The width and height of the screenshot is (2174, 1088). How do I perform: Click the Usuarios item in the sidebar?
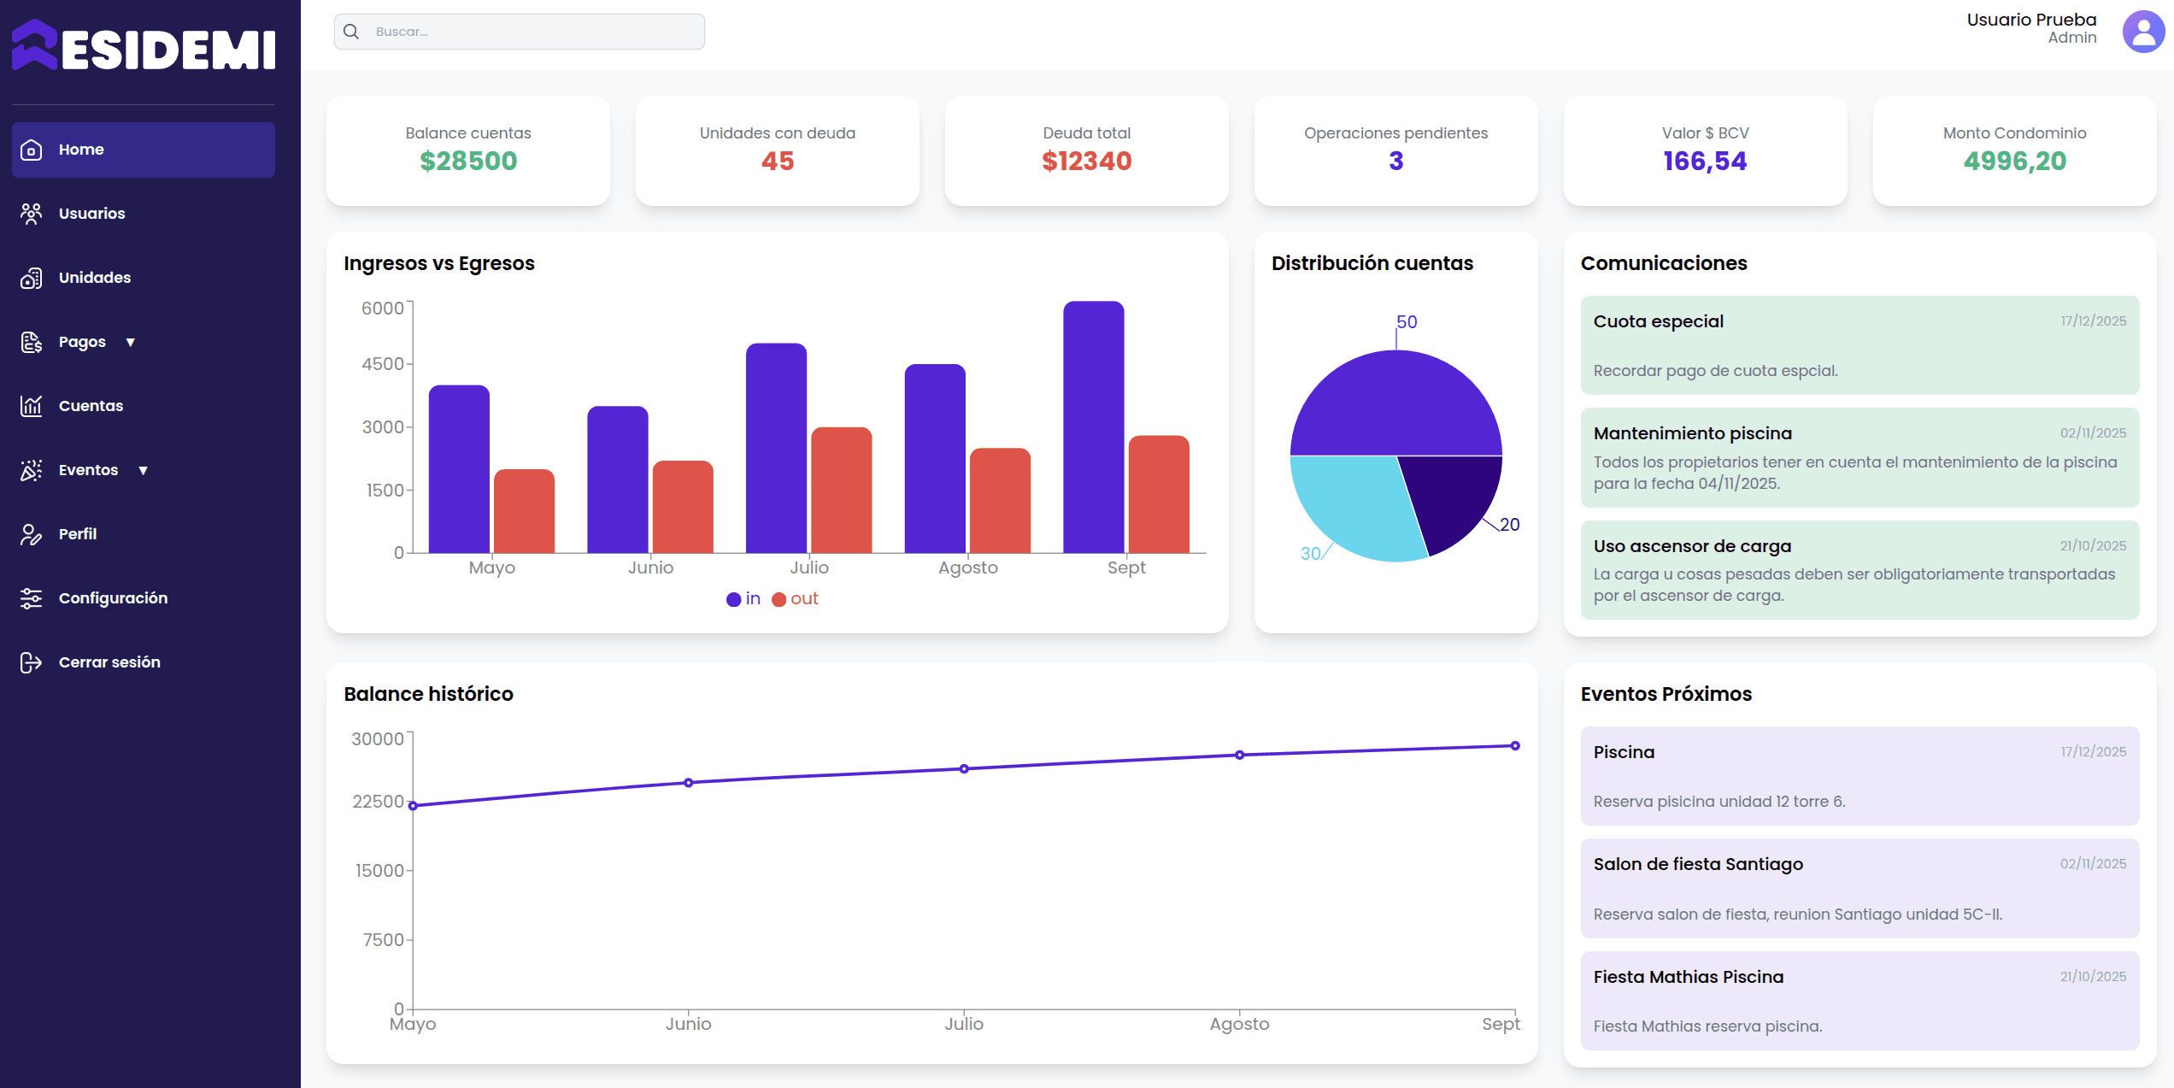tap(91, 214)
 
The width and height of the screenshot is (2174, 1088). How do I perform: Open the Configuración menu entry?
tap(113, 598)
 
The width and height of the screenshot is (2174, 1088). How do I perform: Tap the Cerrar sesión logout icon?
tap(31, 662)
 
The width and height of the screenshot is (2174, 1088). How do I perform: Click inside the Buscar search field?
tap(530, 32)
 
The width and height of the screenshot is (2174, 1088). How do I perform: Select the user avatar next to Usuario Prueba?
tap(2142, 32)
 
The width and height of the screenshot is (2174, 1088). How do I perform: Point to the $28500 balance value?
tap(468, 162)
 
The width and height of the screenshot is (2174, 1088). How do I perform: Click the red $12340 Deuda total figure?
tap(1086, 162)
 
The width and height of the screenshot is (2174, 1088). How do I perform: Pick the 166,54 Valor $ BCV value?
tap(1705, 162)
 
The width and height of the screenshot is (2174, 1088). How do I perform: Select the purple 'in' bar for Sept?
tap(1093, 427)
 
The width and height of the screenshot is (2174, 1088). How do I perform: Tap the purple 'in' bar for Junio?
tap(617, 479)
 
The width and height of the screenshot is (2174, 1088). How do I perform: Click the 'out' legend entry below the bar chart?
tap(796, 599)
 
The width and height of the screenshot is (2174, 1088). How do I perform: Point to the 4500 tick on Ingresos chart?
tap(382, 364)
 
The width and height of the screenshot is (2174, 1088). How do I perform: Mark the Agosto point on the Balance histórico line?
tap(1239, 756)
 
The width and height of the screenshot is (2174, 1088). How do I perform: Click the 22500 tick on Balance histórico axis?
tap(378, 802)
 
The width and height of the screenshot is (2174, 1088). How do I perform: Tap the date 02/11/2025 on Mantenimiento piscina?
tap(2093, 433)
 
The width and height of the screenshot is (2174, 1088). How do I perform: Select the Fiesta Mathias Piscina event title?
tap(1688, 977)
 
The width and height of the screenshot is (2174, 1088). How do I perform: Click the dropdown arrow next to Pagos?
tap(131, 343)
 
